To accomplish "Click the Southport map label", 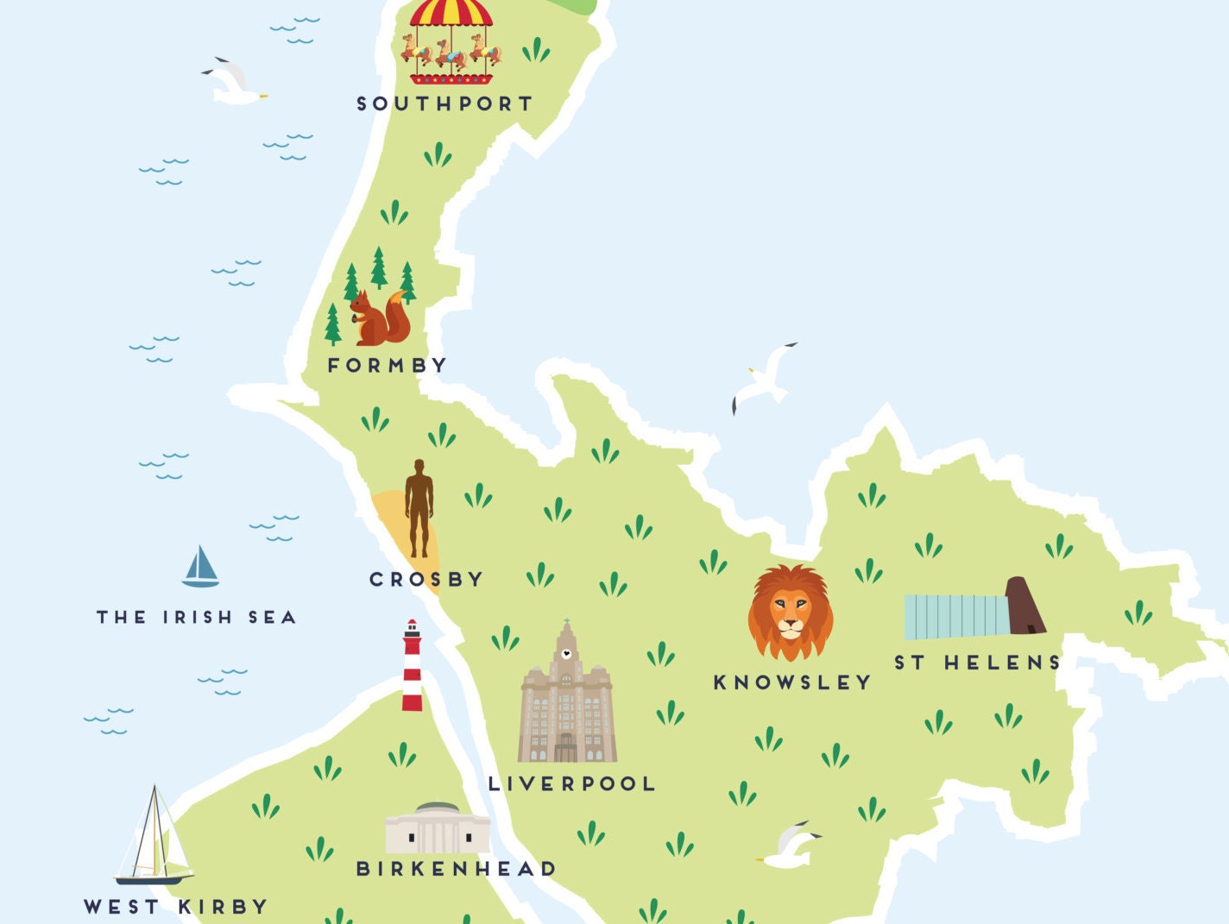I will coord(445,104).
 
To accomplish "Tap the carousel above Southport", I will coord(451,43).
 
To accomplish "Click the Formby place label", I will coord(388,366).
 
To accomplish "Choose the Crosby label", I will coord(426,580).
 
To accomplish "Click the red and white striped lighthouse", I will coord(413,666).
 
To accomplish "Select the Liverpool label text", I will coord(572,784).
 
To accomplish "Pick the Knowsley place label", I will coord(792,682).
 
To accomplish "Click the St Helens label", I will coord(977,663).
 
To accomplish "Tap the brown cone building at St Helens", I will coord(1025,607).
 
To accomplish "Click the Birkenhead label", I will coord(457,869).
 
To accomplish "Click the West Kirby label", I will coord(176,907).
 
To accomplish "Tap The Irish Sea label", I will coord(197,618).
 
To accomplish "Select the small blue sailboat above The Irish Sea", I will coord(200,568).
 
